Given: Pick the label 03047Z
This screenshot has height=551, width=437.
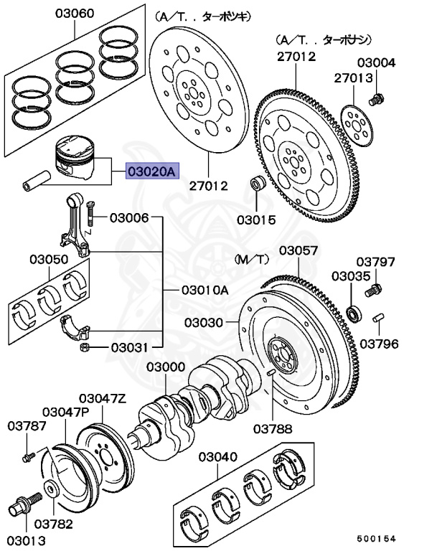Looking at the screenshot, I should click(102, 397).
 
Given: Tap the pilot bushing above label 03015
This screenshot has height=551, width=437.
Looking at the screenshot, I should click(257, 185).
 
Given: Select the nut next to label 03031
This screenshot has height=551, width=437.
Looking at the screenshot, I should click(83, 347).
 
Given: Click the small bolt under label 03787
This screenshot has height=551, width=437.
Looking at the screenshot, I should click(28, 456).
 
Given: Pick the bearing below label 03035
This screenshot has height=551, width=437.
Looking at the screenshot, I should click(353, 312).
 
